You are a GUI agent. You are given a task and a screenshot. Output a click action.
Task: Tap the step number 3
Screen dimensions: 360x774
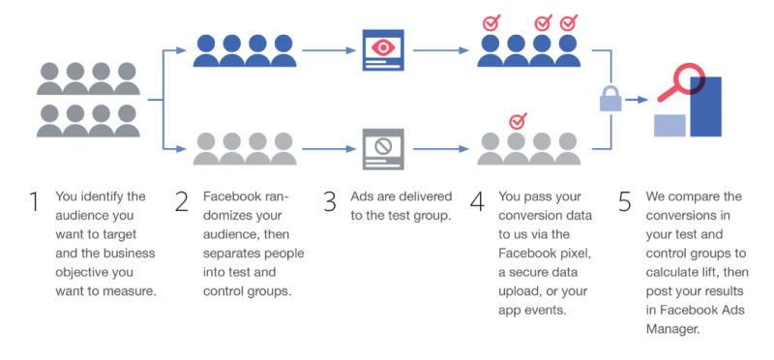pos(331,202)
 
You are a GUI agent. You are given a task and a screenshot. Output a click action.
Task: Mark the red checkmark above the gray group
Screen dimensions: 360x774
pos(518,121)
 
